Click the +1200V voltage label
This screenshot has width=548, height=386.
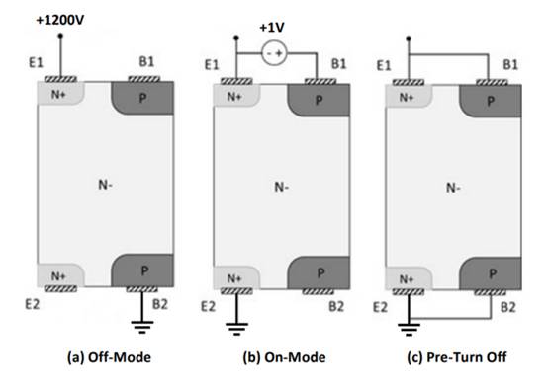60,20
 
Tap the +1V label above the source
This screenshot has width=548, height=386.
272,28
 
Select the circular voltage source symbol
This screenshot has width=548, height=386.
274,53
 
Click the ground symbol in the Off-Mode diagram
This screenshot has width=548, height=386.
141,327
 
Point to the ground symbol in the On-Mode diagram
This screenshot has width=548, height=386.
236,329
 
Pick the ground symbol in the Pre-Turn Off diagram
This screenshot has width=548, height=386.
409,330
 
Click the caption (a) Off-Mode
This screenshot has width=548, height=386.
109,357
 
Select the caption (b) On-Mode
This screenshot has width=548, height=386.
284,357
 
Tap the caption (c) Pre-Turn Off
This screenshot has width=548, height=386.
457,357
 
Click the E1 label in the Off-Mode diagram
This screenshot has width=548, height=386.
36,63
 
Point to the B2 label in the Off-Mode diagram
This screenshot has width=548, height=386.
160,304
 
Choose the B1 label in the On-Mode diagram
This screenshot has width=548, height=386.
338,64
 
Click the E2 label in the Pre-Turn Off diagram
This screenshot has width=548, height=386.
380,308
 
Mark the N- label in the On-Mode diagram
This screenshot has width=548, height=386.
281,188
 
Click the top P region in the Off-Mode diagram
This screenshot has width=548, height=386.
142,98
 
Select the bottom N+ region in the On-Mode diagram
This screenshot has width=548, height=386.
236,278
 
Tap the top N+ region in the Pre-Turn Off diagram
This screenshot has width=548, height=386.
408,97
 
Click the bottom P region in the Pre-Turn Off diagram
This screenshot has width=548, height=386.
491,273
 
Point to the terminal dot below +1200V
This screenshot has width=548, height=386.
60,36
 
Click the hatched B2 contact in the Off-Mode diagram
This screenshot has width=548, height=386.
141,289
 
